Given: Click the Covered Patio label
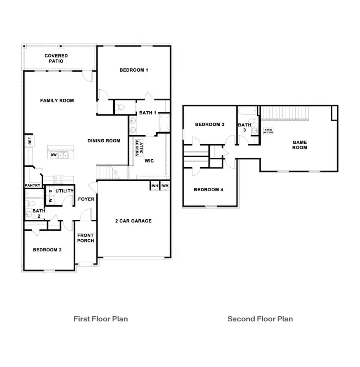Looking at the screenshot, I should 56,58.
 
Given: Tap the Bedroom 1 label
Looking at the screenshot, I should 134,70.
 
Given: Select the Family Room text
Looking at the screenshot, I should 57,100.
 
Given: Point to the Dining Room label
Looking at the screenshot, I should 104,141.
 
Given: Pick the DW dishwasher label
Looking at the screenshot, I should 54,155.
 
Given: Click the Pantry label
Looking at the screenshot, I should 32,186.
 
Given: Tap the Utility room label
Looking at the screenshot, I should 64,191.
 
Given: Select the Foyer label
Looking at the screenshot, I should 86,199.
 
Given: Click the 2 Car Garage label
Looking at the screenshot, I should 134,221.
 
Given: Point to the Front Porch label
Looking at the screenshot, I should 86,238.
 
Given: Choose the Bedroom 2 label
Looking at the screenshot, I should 47,250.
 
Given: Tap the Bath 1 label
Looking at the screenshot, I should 148,113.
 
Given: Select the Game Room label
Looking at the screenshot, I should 300,145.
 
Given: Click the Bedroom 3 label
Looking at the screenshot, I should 209,125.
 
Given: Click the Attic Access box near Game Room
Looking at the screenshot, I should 268,131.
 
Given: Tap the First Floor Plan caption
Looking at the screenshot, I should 100,319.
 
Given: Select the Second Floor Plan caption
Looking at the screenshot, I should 260,319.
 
